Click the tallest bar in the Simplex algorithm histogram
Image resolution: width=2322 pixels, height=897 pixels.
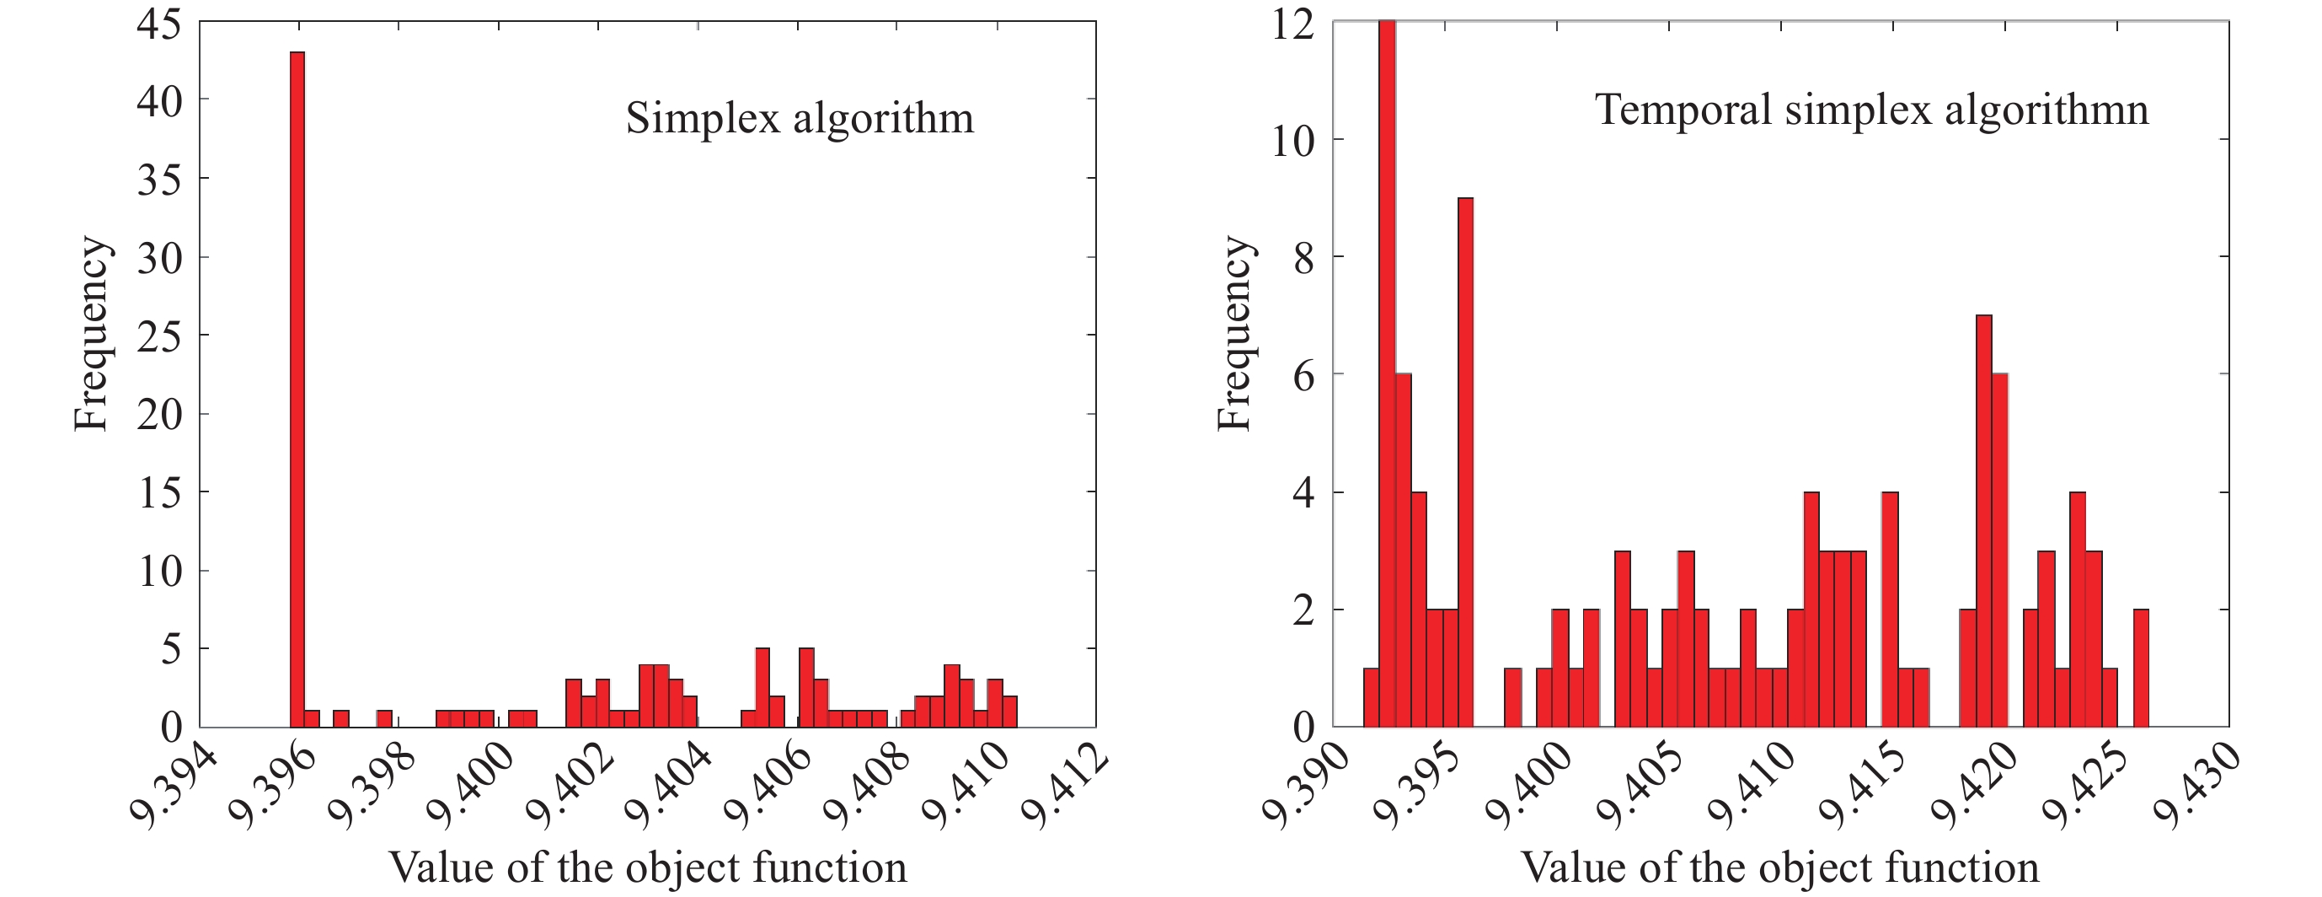pos(297,388)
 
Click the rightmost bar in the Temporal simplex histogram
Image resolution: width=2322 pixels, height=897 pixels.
pos(2141,667)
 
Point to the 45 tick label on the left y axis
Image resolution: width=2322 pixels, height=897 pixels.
pos(159,24)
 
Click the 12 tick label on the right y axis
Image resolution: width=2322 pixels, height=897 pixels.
pos(1292,24)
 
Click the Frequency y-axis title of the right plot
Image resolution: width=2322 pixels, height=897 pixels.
pos(1233,334)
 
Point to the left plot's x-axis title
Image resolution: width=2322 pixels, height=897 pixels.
pos(647,867)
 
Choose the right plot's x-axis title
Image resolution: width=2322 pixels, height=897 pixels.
pos(1779,867)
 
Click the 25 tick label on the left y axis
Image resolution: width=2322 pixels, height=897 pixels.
pos(159,336)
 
